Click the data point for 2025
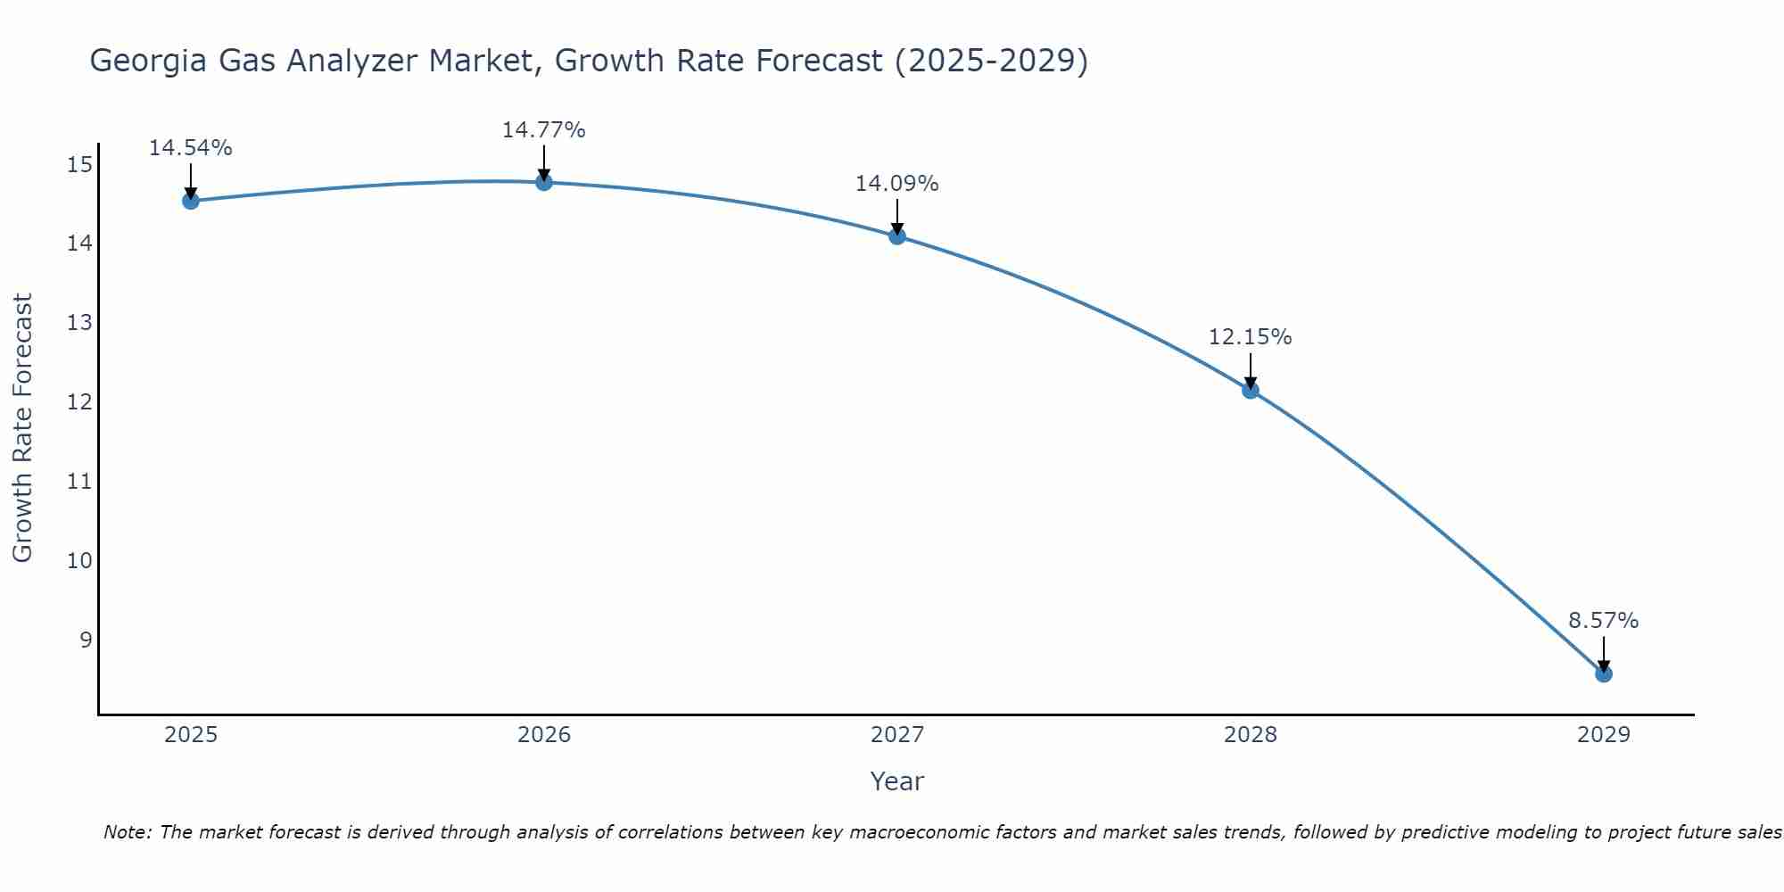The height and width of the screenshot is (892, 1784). [190, 201]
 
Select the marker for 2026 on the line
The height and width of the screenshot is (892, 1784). [544, 182]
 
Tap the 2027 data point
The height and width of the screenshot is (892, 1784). [897, 236]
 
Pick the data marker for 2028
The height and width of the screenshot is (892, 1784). [1251, 390]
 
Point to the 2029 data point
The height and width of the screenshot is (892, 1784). [1604, 673]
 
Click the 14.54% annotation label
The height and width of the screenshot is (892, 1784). [190, 148]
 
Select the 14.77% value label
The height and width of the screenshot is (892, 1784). [544, 130]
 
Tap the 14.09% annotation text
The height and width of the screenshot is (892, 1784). [897, 184]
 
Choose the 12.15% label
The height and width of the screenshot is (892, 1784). [1251, 337]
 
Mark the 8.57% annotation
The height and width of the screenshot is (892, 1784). [1604, 621]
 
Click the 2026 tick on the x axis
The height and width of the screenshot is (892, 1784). [544, 735]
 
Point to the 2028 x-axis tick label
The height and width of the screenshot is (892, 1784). [1251, 735]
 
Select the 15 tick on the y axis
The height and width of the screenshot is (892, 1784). [79, 164]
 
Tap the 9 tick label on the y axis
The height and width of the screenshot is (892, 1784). [86, 640]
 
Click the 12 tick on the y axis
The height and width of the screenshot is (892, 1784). [79, 402]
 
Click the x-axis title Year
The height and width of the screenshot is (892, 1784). [897, 781]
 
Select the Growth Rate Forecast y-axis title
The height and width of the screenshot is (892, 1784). [23, 428]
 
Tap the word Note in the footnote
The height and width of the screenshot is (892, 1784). [128, 833]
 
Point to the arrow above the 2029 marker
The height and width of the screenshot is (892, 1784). [1604, 655]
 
